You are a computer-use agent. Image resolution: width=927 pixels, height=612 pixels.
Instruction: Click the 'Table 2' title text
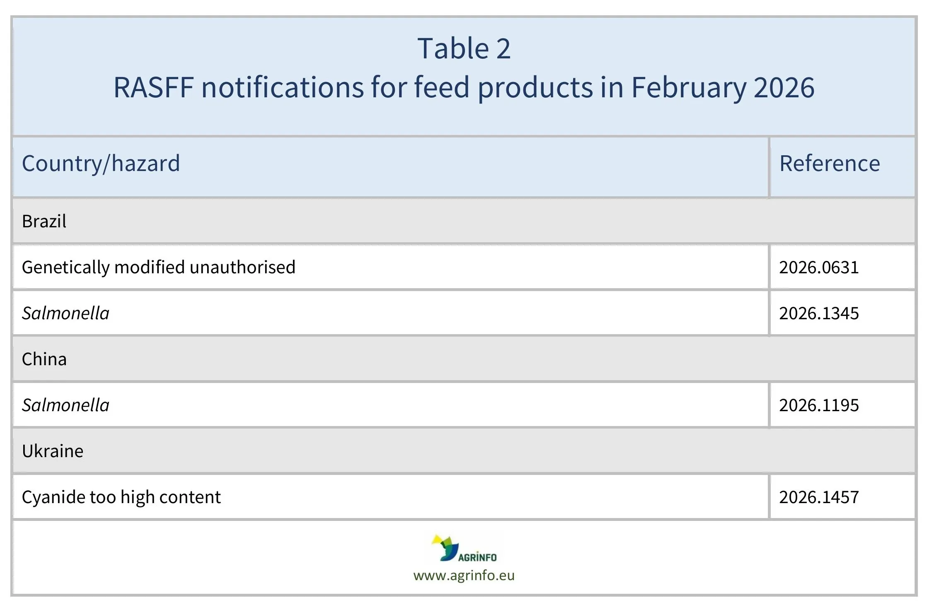coord(464,48)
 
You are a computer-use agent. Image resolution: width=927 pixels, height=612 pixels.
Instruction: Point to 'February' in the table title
coord(688,87)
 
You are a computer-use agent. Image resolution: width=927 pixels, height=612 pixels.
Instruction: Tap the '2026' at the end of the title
coord(784,87)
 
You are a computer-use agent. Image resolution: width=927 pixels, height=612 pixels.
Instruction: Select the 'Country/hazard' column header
coord(101,163)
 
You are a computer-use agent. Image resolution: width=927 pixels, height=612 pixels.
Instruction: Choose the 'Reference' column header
coord(830,163)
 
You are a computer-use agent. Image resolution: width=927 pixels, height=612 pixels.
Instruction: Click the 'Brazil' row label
coord(44,221)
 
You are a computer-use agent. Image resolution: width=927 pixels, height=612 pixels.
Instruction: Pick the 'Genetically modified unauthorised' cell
coord(158,267)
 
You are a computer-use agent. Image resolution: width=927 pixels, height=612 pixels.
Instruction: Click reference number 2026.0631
coord(819,267)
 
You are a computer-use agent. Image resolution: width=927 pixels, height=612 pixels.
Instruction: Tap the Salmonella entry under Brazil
coord(65,313)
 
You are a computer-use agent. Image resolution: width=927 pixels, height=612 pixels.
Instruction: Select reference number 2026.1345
coord(819,313)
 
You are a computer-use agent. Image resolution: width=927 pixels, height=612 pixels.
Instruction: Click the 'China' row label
coord(44,359)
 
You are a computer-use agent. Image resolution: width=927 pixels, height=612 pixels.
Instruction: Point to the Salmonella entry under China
coord(65,405)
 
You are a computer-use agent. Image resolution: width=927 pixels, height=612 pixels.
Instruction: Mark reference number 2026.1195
coord(819,405)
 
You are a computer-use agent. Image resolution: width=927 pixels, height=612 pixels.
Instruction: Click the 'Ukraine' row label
coord(53,451)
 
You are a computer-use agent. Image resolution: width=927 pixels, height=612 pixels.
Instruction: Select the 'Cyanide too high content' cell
coord(121,497)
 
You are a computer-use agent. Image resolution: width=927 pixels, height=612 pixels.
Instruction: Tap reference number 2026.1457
coord(819,497)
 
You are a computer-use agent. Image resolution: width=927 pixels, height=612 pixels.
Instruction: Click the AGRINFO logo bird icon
coord(445,547)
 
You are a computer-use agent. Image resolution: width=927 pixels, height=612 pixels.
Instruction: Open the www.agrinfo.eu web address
coord(464,576)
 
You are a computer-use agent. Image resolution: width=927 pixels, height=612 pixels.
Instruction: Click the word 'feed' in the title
coord(441,87)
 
